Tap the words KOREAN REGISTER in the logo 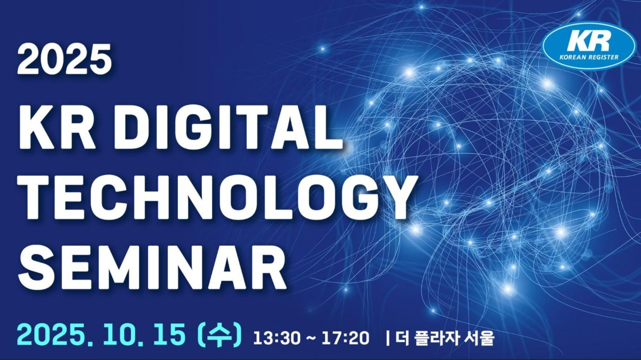pos(589,57)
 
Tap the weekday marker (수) pos(221,334)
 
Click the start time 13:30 pos(277,338)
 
